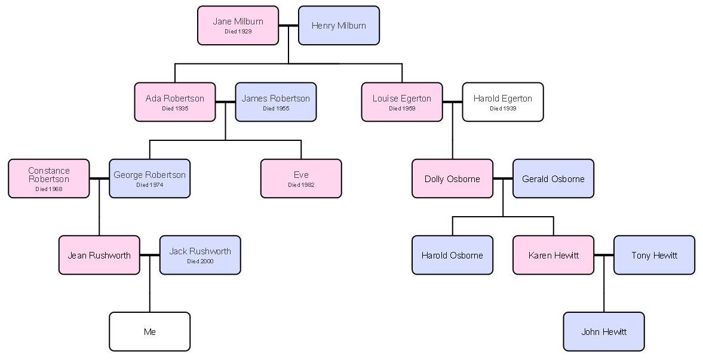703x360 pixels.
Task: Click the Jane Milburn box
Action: tap(238, 26)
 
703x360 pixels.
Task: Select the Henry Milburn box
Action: tap(339, 26)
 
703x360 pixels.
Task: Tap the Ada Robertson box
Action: tap(174, 102)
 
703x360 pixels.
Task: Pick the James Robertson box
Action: tap(275, 102)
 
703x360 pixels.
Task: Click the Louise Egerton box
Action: tap(401, 102)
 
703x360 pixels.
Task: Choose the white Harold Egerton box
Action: tap(502, 102)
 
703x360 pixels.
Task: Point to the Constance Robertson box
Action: tap(48, 179)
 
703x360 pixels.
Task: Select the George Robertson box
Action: tap(149, 179)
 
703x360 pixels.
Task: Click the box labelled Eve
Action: tap(301, 179)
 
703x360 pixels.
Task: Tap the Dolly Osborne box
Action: tap(452, 179)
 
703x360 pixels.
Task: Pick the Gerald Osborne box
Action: tap(553, 179)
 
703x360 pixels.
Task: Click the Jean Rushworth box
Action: tap(99, 255)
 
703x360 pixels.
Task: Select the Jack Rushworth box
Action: tap(200, 255)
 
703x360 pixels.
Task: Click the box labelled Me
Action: tap(149, 331)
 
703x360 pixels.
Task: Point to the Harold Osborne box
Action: tap(452, 255)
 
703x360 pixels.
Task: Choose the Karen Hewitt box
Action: tap(553, 255)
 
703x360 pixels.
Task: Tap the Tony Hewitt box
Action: tap(654, 255)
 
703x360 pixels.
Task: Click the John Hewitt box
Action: tap(603, 331)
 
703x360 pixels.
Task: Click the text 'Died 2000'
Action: tap(200, 261)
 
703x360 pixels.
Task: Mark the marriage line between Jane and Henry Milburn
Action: tap(288, 26)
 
